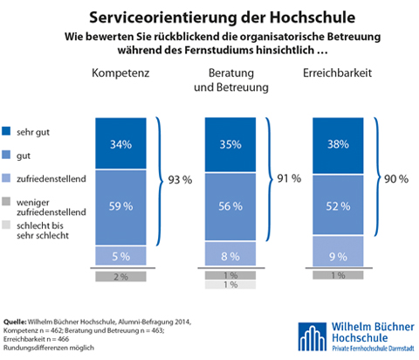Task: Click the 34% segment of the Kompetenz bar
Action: click(x=120, y=143)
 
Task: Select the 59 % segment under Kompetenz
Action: click(x=120, y=207)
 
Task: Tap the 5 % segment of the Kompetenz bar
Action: click(x=120, y=256)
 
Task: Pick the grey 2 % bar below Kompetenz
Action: click(x=120, y=276)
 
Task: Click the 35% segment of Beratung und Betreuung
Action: click(x=230, y=144)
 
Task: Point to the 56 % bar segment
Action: click(x=230, y=207)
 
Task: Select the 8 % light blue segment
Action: click(x=230, y=253)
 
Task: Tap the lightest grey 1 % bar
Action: click(x=230, y=285)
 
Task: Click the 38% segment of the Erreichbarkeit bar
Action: click(x=338, y=146)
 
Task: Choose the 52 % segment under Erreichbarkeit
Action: click(x=338, y=204)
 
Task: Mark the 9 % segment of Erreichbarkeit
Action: click(x=338, y=251)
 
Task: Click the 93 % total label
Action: click(x=180, y=180)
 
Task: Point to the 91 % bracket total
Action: click(x=289, y=178)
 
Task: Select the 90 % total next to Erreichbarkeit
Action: click(x=396, y=179)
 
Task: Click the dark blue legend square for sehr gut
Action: click(x=6, y=131)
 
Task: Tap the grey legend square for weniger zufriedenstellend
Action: click(x=6, y=201)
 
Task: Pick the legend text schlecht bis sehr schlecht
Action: click(x=43, y=231)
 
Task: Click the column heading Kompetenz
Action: click(x=120, y=73)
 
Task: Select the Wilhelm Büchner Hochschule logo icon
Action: click(x=312, y=336)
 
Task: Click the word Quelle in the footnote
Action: click(x=15, y=322)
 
